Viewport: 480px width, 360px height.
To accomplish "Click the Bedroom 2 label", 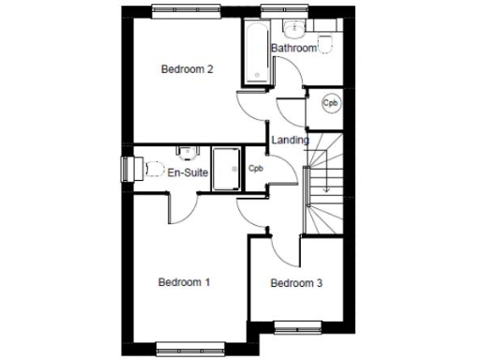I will click(187, 68).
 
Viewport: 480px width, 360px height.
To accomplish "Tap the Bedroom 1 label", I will click(184, 282).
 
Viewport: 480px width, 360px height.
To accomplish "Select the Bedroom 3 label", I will click(296, 284).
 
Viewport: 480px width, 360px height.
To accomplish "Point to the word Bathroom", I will click(293, 48).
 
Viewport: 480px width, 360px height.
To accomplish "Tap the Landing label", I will click(290, 141).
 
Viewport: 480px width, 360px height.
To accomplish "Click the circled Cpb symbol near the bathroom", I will click(330, 103).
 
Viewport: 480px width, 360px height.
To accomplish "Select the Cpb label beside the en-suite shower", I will click(256, 169).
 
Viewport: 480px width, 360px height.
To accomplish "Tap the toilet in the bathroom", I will click(326, 42).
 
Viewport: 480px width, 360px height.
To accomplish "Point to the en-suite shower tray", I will click(226, 169).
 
